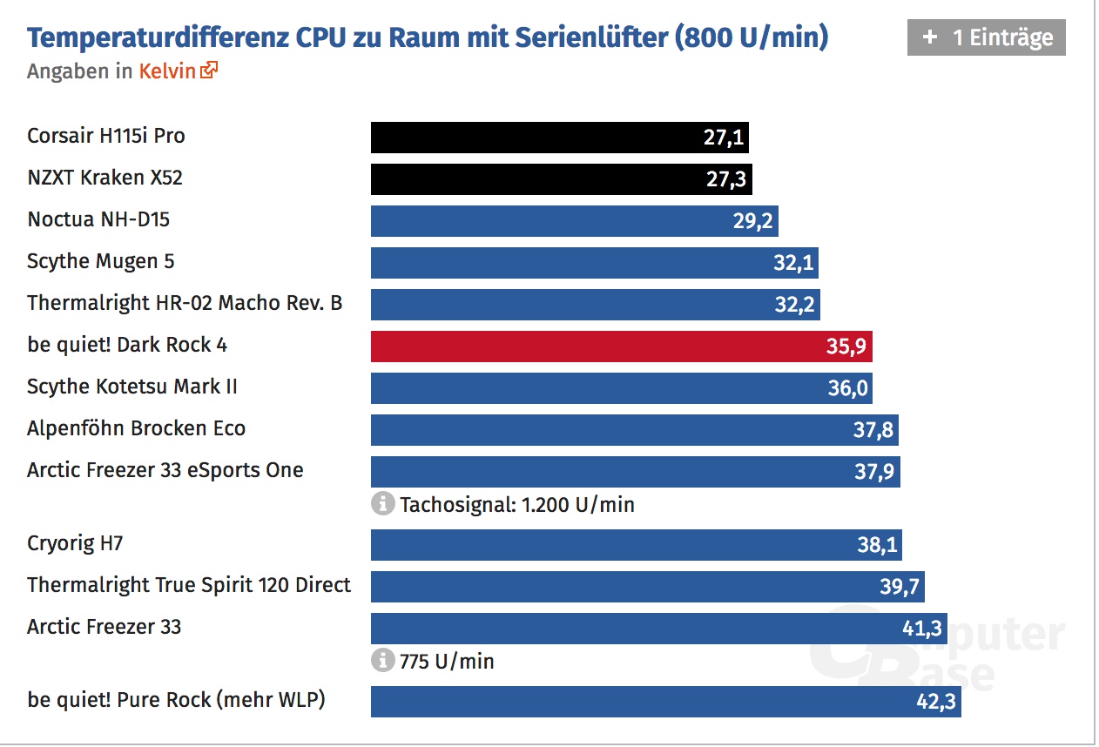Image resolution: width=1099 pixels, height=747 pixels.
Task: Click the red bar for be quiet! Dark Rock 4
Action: [x=621, y=346]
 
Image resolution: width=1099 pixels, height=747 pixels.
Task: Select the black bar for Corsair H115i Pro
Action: [x=559, y=137]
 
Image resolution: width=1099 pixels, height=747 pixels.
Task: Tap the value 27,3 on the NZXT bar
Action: [x=725, y=179]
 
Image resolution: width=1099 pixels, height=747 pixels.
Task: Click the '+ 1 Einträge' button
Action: [x=986, y=37]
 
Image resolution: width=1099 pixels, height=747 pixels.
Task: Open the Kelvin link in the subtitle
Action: [x=167, y=71]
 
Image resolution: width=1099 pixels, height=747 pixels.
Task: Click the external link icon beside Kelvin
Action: [x=209, y=71]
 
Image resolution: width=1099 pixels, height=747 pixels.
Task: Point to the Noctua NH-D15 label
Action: [x=98, y=219]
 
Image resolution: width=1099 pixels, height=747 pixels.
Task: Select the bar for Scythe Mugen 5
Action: [x=594, y=262]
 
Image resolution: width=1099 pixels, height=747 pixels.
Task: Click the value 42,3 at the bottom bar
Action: [x=934, y=702]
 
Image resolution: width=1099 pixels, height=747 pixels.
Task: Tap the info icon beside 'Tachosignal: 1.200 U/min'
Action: [x=382, y=503]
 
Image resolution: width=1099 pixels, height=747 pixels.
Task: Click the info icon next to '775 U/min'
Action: [x=382, y=661]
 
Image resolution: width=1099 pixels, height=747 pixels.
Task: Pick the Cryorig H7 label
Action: [x=75, y=544]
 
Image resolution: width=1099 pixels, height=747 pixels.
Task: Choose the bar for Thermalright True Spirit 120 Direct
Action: [x=647, y=586]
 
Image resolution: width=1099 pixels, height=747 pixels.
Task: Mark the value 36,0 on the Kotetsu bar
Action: [x=847, y=388]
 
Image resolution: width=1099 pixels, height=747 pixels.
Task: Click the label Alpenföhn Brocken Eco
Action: [x=136, y=428]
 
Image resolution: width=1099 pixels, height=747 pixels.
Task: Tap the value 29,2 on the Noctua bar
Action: [x=752, y=221]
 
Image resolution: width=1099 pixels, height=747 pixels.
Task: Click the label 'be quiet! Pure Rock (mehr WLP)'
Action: [x=176, y=699]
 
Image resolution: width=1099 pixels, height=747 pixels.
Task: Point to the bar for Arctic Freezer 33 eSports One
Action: [x=635, y=471]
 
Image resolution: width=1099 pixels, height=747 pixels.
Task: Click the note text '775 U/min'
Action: [x=447, y=662]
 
